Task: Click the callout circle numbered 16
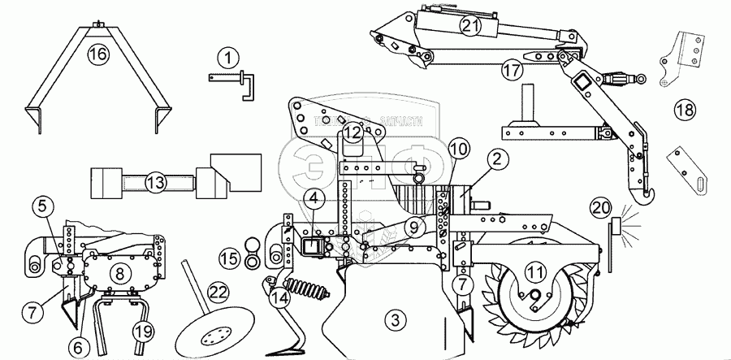pyautogui.click(x=97, y=56)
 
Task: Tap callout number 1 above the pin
pyautogui.click(x=229, y=57)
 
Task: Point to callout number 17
pyautogui.click(x=511, y=71)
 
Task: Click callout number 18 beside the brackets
pyautogui.click(x=684, y=108)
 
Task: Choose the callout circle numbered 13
pyautogui.click(x=156, y=182)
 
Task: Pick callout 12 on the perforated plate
pyautogui.click(x=351, y=132)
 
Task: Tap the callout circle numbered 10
pyautogui.click(x=457, y=150)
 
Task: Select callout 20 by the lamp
pyautogui.click(x=624, y=209)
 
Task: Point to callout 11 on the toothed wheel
pyautogui.click(x=534, y=271)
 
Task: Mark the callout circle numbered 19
pyautogui.click(x=142, y=331)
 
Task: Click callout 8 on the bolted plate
pyautogui.click(x=121, y=272)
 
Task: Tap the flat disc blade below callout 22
pyautogui.click(x=214, y=333)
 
